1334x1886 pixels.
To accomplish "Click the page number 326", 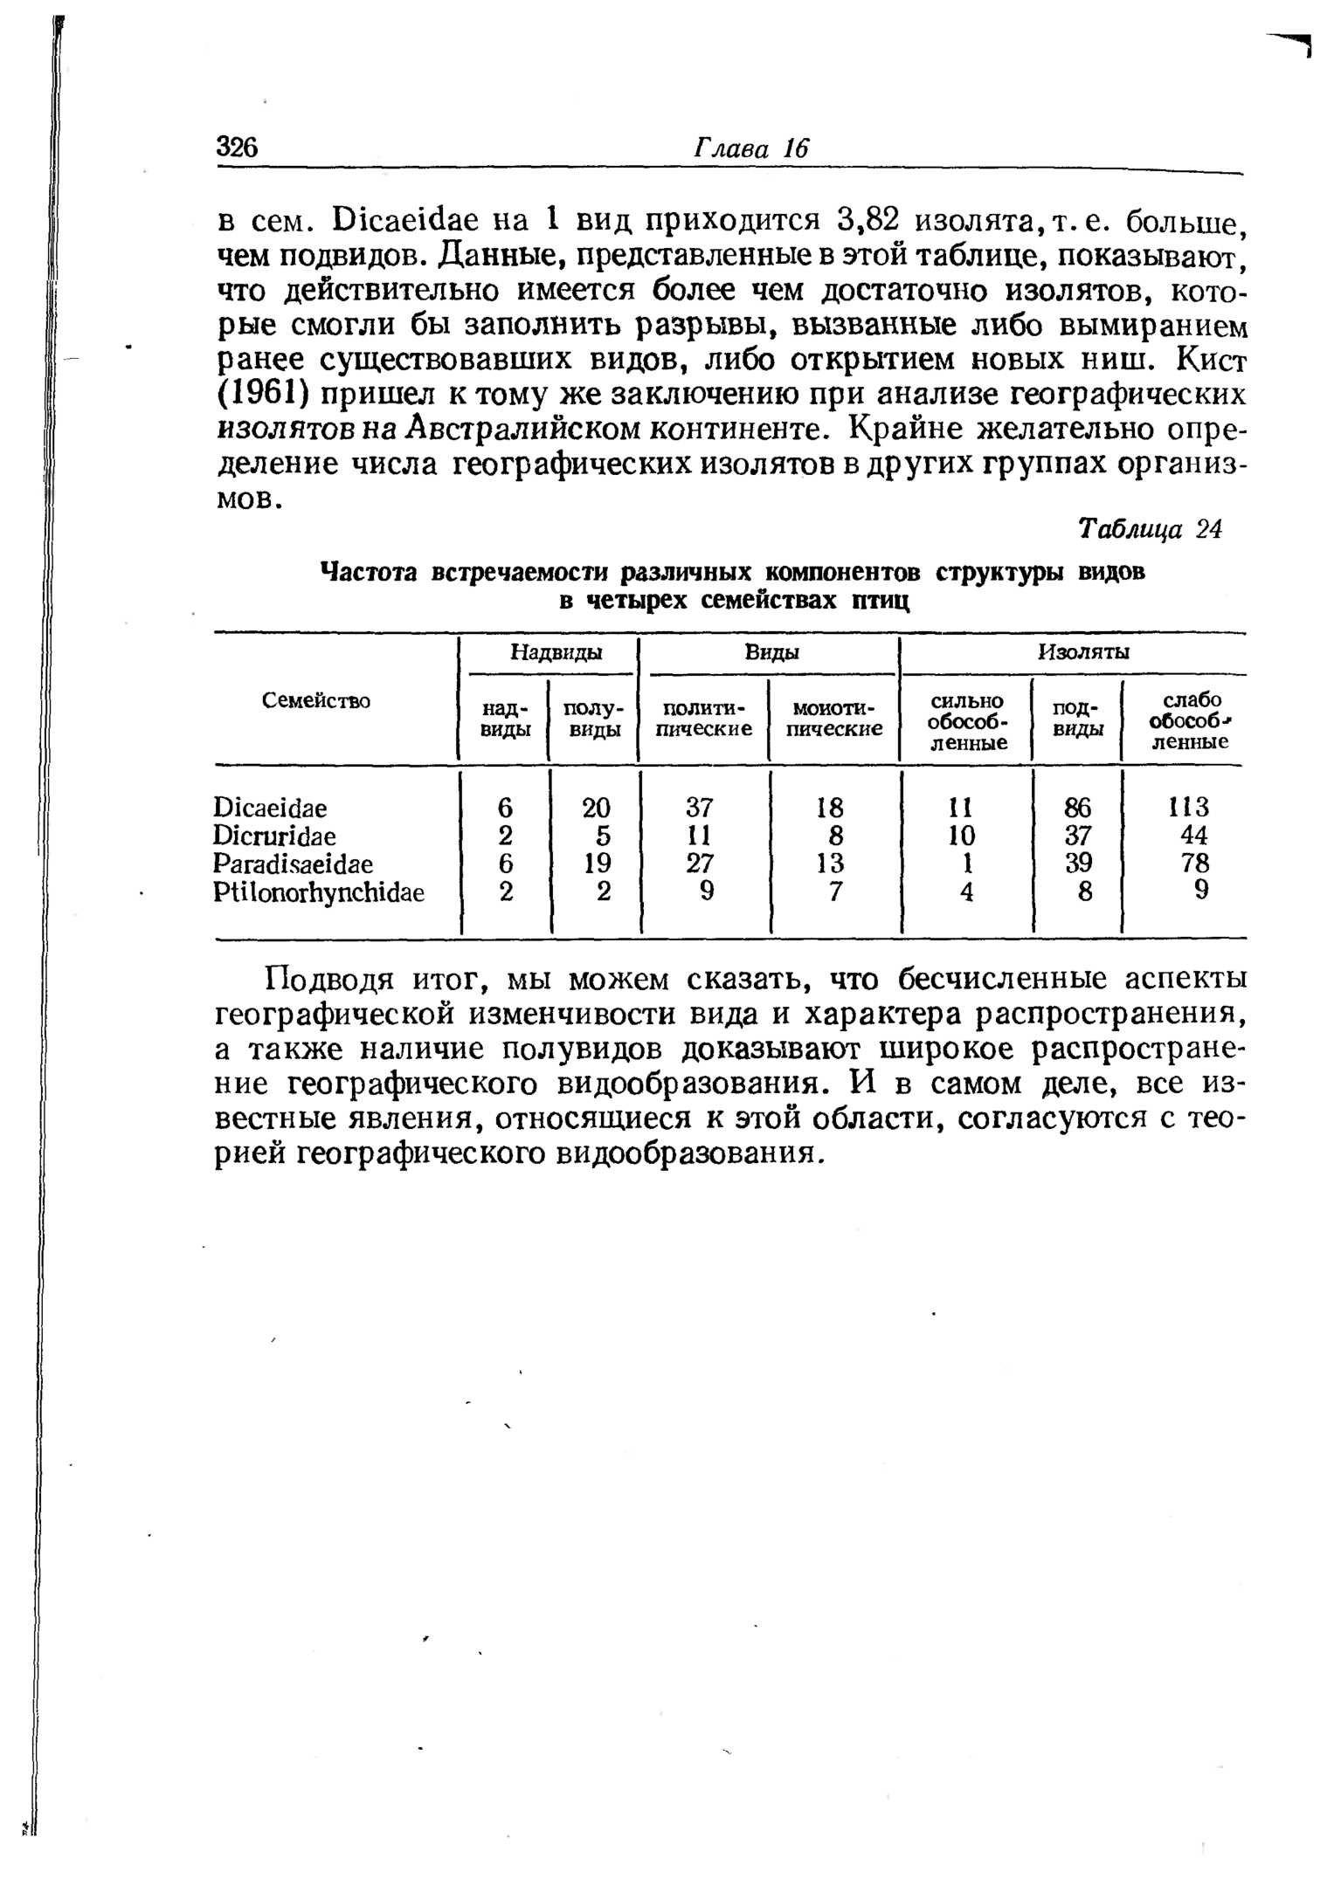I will [x=238, y=148].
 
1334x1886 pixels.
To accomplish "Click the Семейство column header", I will [x=316, y=700].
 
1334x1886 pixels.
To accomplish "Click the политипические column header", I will [x=703, y=717].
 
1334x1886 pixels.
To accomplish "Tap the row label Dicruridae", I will [x=274, y=835].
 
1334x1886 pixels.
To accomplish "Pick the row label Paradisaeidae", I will [x=293, y=864].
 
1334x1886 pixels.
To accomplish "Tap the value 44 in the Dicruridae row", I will [x=1192, y=835].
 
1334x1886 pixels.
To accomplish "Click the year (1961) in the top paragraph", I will [x=263, y=394].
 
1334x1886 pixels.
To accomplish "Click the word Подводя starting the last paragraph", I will [x=331, y=981].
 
